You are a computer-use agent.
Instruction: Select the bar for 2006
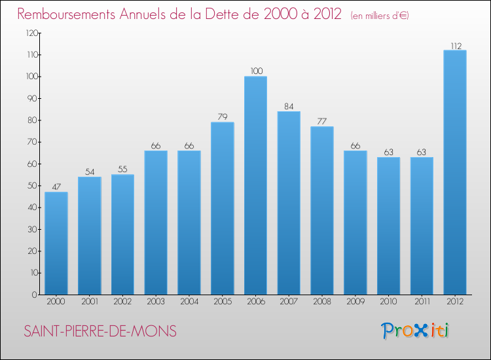[x=255, y=185]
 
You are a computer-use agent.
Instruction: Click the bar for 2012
[x=454, y=172]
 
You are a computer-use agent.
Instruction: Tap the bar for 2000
[x=56, y=243]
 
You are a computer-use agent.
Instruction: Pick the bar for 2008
[x=321, y=210]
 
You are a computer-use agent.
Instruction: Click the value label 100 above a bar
[x=255, y=71]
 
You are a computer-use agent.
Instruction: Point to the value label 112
[x=454, y=45]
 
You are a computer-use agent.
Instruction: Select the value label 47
[x=56, y=187]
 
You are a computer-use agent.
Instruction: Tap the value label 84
[x=289, y=106]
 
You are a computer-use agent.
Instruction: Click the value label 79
[x=222, y=117]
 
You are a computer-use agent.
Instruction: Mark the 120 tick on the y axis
[x=31, y=33]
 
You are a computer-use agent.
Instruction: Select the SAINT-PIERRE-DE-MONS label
[x=100, y=331]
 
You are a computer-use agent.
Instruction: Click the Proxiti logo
[x=416, y=331]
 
